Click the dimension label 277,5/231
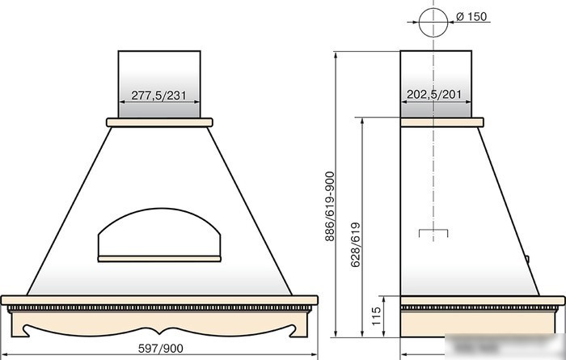click(x=158, y=95)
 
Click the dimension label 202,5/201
click(x=434, y=95)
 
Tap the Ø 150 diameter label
click(x=471, y=17)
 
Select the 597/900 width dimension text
click(x=161, y=349)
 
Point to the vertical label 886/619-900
click(x=330, y=206)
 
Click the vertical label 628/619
click(x=356, y=245)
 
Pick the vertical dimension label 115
click(x=376, y=316)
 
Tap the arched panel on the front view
click(x=159, y=209)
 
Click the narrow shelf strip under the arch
click(x=159, y=259)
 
